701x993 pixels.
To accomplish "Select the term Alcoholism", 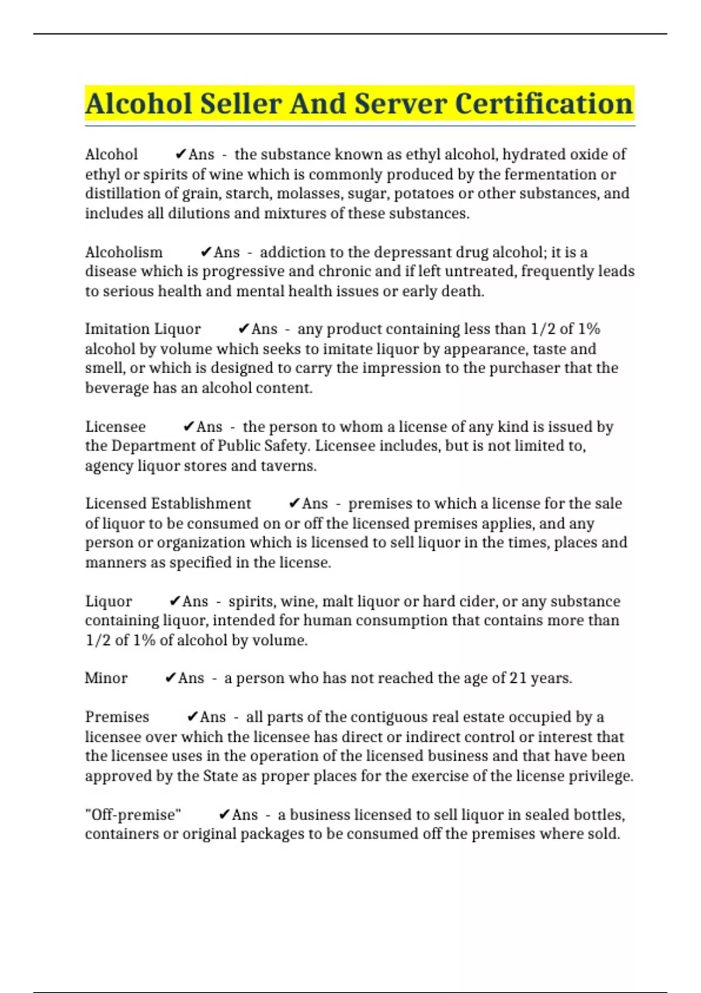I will click(x=124, y=252).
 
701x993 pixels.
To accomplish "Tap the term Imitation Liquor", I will click(x=143, y=329).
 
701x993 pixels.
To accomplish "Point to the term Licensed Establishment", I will click(x=168, y=504).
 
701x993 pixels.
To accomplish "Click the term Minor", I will click(x=106, y=678).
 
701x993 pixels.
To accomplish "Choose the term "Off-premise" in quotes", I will click(x=133, y=814).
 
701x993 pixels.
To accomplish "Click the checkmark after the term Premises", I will click(x=192, y=717).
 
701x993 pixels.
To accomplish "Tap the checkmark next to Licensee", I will click(x=189, y=426).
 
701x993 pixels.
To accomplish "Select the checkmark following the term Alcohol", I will click(x=181, y=154).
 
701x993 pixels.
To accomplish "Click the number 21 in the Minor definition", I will click(x=518, y=678).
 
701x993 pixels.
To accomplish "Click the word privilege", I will click(x=606, y=776).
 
